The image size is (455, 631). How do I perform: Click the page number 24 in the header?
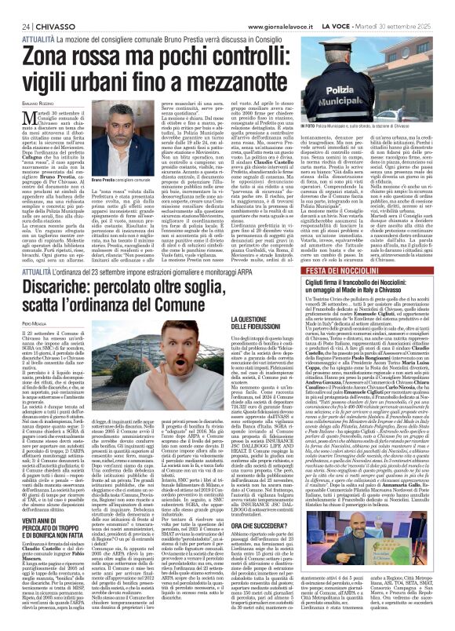(x=16, y=7)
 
